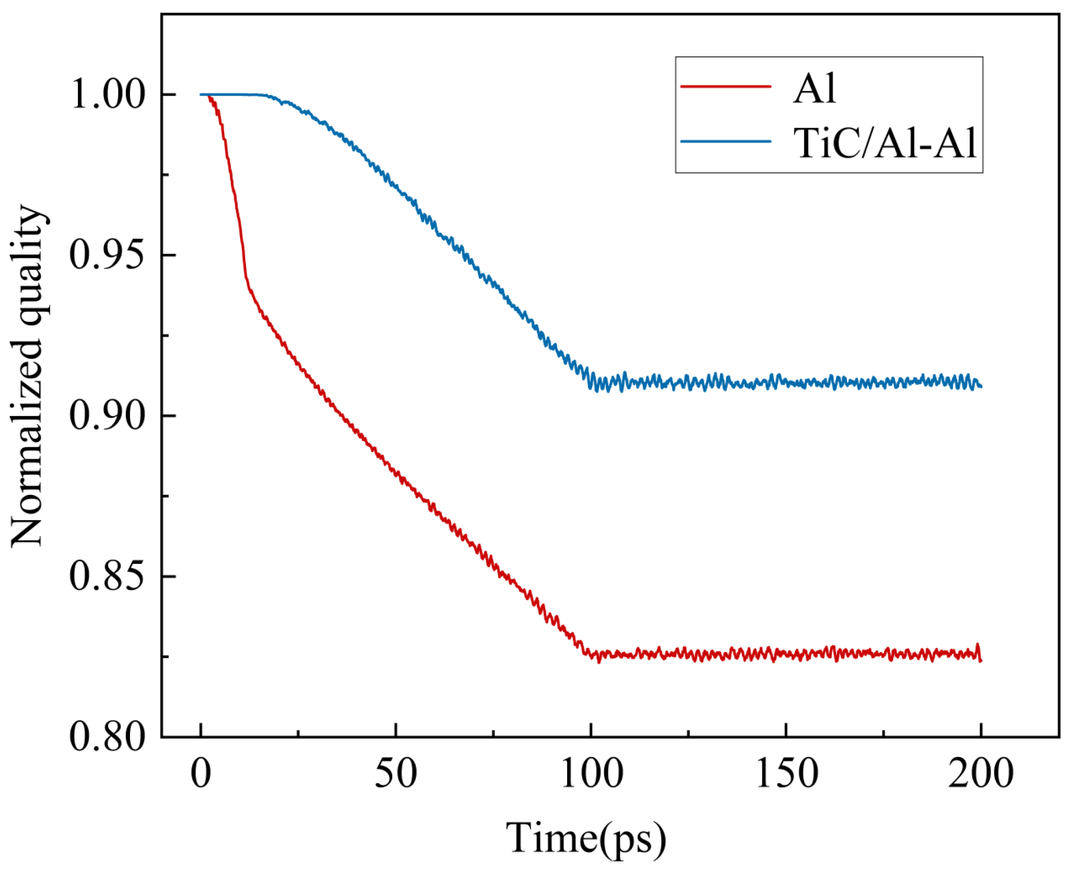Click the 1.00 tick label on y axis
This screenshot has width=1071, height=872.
(x=107, y=96)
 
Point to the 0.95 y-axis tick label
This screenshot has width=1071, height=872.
(x=107, y=256)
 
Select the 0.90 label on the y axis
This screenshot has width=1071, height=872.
(x=107, y=416)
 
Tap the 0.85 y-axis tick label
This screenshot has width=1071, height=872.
(x=107, y=577)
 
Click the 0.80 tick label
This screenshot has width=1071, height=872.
(x=107, y=737)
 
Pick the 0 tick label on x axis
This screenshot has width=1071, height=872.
(x=201, y=774)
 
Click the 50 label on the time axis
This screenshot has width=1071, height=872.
(x=396, y=774)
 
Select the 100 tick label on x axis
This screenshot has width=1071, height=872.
(x=591, y=774)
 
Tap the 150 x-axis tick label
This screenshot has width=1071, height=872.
(x=786, y=774)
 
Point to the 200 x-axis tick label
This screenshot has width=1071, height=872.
(x=981, y=774)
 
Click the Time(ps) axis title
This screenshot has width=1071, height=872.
(x=586, y=839)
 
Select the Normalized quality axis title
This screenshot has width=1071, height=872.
(x=27, y=376)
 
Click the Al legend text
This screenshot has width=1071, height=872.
(x=814, y=88)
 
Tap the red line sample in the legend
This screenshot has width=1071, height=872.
(x=726, y=86)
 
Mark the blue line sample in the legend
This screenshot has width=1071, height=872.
(x=726, y=141)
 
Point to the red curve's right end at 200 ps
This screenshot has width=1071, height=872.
(x=981, y=661)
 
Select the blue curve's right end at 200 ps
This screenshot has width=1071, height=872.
(x=981, y=386)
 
